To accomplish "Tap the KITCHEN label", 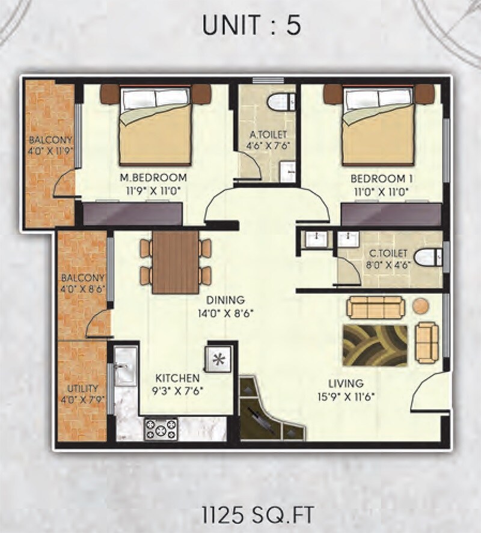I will [x=177, y=379].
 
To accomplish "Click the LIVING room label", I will [x=346, y=383].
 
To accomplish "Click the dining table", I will [x=175, y=262].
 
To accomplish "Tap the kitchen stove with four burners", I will [x=161, y=429].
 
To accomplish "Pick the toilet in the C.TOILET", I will [x=427, y=257].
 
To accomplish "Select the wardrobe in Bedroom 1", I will [x=391, y=215].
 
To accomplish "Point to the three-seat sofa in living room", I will [x=376, y=308].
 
